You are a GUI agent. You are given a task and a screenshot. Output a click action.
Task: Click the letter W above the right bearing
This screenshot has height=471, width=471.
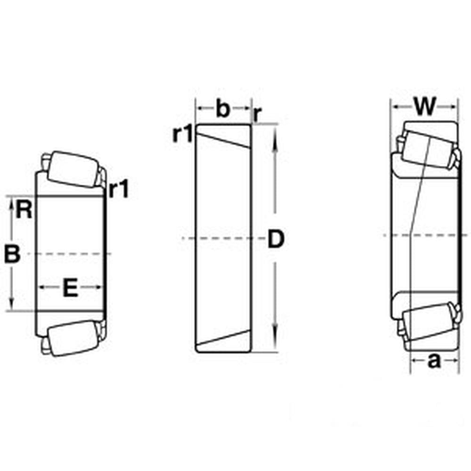(x=424, y=107)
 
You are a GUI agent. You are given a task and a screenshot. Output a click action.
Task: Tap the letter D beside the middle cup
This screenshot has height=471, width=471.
(x=276, y=239)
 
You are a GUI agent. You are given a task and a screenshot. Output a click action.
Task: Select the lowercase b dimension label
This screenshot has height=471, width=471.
(x=223, y=109)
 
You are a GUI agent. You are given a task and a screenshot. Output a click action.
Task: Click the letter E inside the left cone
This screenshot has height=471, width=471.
(x=70, y=287)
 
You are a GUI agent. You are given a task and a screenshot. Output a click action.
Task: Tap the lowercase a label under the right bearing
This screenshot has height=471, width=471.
(x=434, y=361)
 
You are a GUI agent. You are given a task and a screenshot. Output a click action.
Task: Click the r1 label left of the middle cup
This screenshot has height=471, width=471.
(x=182, y=135)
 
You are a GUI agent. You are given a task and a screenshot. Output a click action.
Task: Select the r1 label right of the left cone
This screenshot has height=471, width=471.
(x=118, y=190)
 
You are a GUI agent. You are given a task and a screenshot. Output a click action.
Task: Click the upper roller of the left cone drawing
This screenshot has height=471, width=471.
(x=69, y=168)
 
